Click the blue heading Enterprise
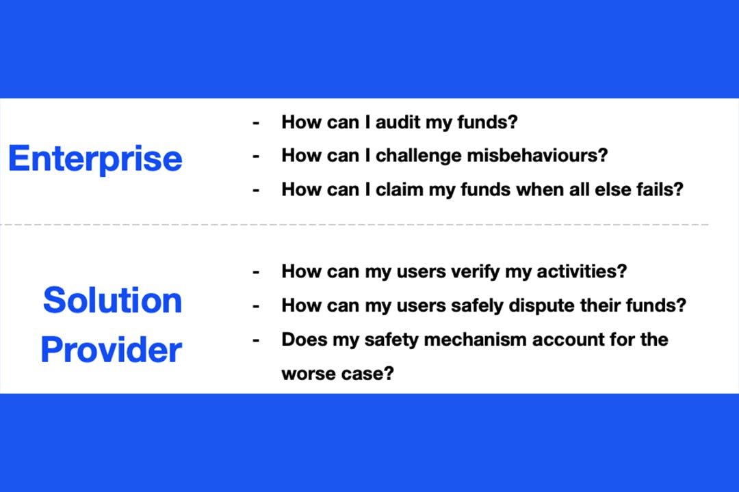[x=95, y=159]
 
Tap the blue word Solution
[x=113, y=300]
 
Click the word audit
[x=398, y=122]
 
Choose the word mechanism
[x=475, y=340]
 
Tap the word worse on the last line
[x=309, y=374]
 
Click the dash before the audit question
[x=256, y=124]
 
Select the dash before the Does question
[x=256, y=340]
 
